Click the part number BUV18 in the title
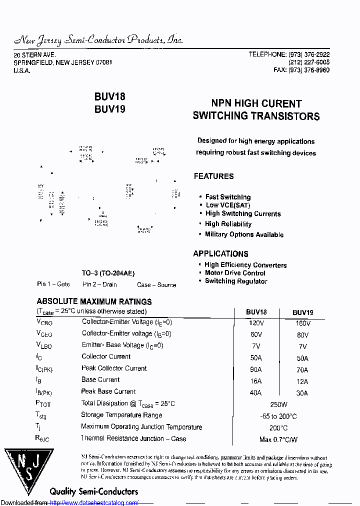(109, 97)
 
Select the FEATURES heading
(213, 176)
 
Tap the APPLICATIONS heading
(220, 253)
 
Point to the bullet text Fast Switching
(228, 197)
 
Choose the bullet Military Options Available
(244, 234)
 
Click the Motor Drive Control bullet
(235, 273)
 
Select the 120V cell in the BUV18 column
(256, 323)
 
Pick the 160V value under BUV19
(302, 323)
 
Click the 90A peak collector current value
(255, 369)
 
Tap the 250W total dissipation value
(278, 404)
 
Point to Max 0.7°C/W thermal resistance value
(278, 439)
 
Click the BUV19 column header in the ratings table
(303, 312)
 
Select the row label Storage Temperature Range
(121, 415)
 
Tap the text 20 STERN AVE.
(34, 54)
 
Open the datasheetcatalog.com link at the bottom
(94, 502)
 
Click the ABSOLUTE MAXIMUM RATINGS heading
(94, 302)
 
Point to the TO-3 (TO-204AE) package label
(108, 273)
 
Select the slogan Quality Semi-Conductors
(93, 491)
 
